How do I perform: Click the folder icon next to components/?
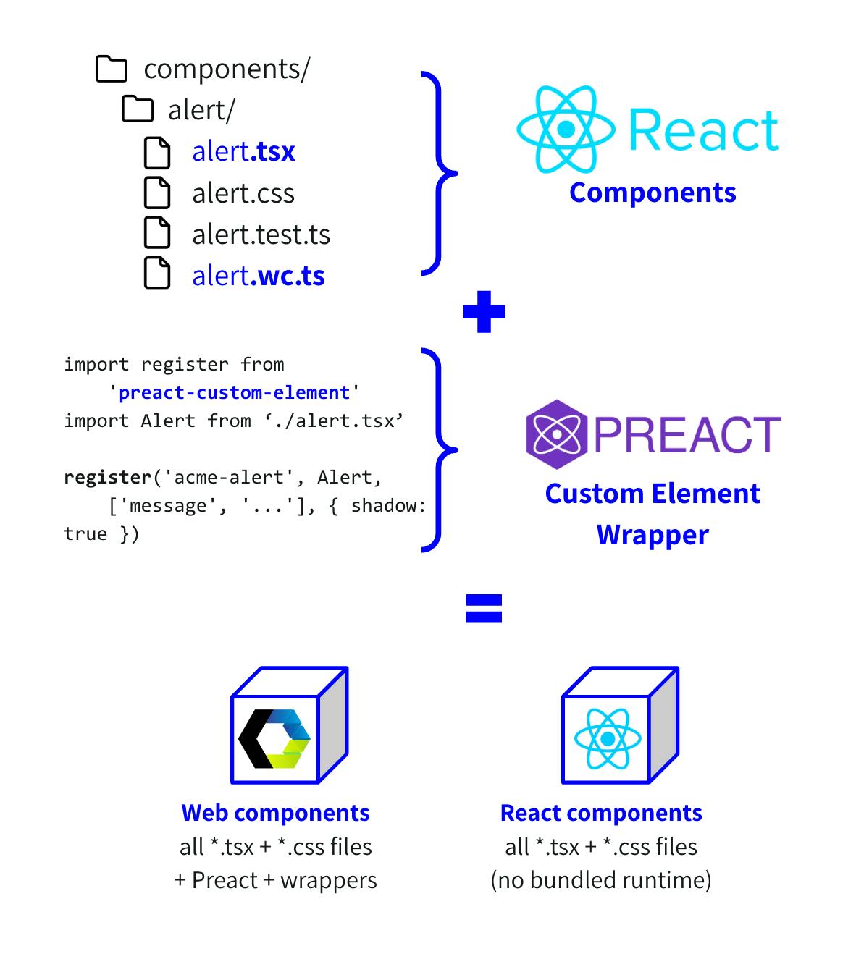tap(112, 69)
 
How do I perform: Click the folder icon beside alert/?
tap(138, 110)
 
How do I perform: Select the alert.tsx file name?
tap(243, 151)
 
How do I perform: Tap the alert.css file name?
tap(243, 193)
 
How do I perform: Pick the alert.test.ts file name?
tap(261, 235)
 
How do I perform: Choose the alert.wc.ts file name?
tap(258, 276)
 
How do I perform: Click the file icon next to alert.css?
tap(157, 193)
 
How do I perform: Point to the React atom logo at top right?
tap(566, 129)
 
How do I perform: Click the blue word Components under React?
tap(653, 193)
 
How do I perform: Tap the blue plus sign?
tap(484, 312)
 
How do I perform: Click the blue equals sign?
tap(484, 609)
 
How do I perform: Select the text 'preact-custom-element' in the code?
tap(234, 393)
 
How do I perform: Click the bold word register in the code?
tap(107, 478)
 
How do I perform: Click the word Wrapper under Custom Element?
tap(653, 535)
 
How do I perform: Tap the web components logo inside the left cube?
tap(274, 739)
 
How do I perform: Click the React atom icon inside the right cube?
tap(607, 739)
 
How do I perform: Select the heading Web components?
tap(275, 813)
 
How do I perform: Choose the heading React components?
tap(601, 813)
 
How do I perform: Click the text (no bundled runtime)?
tap(601, 880)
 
